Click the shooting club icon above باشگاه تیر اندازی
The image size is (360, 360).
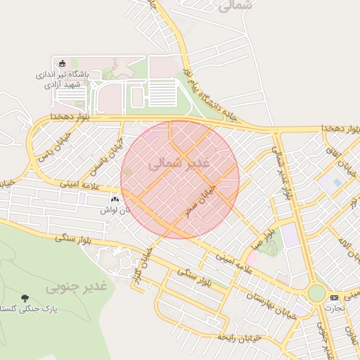(x=62, y=64)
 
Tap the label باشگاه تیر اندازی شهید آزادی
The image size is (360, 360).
(x=62, y=78)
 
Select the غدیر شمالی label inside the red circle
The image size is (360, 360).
(x=180, y=163)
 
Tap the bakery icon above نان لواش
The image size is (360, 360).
(x=115, y=200)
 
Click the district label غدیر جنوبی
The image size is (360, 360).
(x=77, y=288)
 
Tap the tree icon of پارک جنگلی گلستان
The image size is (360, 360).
(x=26, y=298)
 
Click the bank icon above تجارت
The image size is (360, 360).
(x=333, y=297)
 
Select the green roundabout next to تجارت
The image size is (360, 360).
(x=317, y=292)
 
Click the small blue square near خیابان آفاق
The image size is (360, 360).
(x=337, y=182)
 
